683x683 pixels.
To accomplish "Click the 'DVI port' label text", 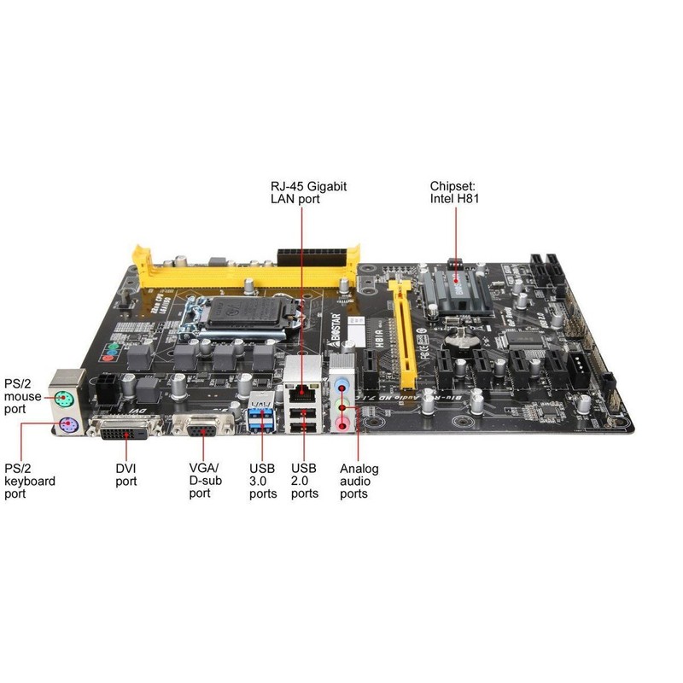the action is point(126,475).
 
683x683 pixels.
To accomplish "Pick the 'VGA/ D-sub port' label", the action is point(204,480).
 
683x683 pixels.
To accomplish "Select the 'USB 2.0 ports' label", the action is point(305,481).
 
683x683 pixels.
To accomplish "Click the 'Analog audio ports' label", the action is point(359,481).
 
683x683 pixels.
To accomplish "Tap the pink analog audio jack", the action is point(343,421).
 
